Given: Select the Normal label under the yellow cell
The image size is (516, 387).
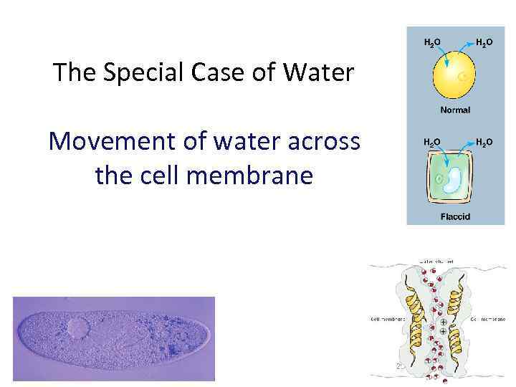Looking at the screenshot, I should tap(455, 110).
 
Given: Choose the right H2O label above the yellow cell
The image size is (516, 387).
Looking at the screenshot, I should tap(484, 43).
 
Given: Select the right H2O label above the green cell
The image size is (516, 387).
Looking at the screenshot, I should tap(484, 143).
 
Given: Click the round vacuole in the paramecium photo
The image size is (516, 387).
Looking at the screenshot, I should tap(77, 329).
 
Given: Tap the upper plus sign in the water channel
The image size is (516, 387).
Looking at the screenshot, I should tap(444, 322).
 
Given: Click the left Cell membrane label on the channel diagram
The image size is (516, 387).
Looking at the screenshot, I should tap(388, 319).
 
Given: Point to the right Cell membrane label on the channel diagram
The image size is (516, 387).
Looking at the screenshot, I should tap(489, 319).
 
